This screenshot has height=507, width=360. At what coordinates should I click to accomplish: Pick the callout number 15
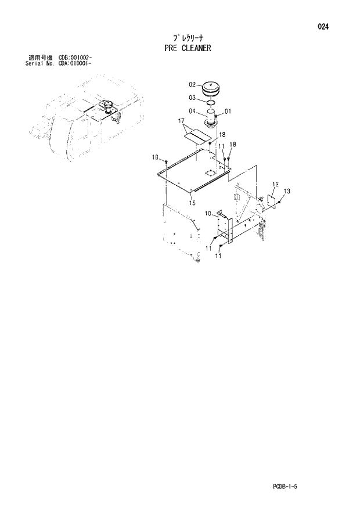192,203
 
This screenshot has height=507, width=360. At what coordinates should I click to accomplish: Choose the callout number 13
287,191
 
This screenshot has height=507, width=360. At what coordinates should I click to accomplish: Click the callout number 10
207,214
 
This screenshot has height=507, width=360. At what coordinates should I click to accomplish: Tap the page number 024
323,26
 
